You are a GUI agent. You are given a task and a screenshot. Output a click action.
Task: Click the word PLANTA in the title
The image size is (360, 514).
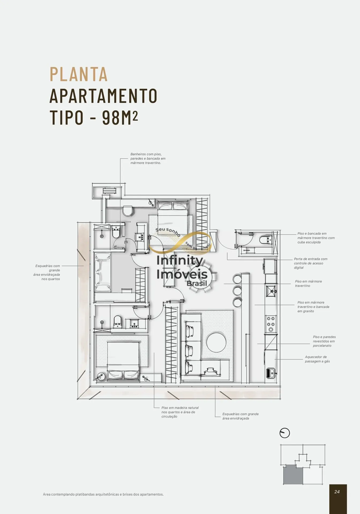78,74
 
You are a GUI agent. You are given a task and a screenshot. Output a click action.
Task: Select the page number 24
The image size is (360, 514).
337,492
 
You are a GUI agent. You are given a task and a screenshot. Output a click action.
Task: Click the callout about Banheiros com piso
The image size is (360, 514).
148,158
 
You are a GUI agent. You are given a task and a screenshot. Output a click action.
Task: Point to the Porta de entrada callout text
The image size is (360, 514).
310,263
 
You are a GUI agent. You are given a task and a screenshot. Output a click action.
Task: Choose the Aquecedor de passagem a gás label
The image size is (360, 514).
317,359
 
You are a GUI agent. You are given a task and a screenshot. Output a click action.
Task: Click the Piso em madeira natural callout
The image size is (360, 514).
180,412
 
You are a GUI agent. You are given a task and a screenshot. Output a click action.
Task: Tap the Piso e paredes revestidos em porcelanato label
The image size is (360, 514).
324,341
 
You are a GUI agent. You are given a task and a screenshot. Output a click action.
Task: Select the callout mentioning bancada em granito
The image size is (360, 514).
313,307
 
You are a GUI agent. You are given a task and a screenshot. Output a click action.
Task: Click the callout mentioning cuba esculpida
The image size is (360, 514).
316,238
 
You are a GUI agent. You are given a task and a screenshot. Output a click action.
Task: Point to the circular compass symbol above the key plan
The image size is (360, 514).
284,433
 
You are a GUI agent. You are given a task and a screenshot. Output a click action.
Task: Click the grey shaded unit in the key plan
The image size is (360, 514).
293,475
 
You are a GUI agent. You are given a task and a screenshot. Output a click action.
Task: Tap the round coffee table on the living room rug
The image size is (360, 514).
216,342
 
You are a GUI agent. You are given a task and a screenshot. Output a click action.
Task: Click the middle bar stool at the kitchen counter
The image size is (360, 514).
237,291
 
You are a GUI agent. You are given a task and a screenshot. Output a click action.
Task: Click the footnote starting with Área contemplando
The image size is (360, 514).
103,494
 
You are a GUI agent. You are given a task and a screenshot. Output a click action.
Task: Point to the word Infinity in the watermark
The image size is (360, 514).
180,261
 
